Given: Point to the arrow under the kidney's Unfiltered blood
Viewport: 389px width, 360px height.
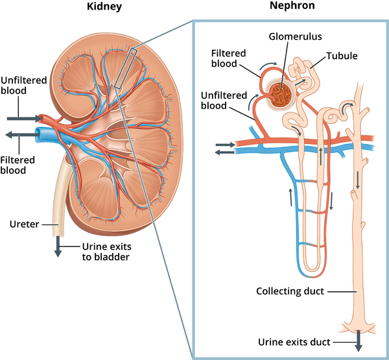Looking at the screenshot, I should tap(23, 119).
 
